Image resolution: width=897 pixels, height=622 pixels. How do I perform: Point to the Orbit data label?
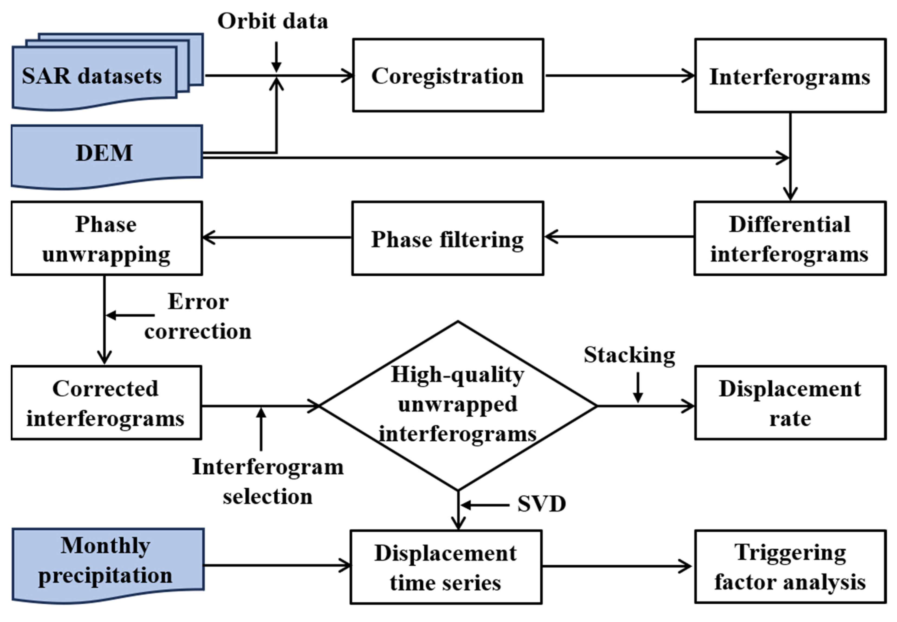pyautogui.click(x=272, y=21)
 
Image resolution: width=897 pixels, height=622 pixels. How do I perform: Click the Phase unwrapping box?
pyautogui.click(x=106, y=238)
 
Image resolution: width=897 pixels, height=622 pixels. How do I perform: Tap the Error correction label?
pyautogui.click(x=198, y=316)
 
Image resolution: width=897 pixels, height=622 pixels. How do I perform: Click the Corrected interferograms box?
pyautogui.click(x=106, y=403)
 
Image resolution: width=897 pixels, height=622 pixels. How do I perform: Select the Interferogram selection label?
pyautogui.click(x=268, y=481)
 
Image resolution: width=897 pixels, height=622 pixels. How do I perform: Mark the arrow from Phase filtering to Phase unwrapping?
pyautogui.click(x=277, y=237)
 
